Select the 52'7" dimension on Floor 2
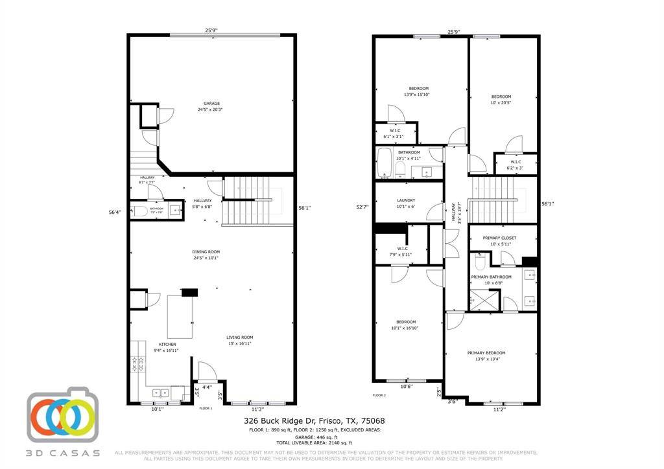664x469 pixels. point(362,207)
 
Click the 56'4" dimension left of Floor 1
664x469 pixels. point(115,212)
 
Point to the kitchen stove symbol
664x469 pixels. point(138,365)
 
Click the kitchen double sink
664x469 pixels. point(160,393)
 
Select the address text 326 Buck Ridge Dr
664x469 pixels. point(282,421)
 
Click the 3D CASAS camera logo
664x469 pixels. point(62,415)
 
